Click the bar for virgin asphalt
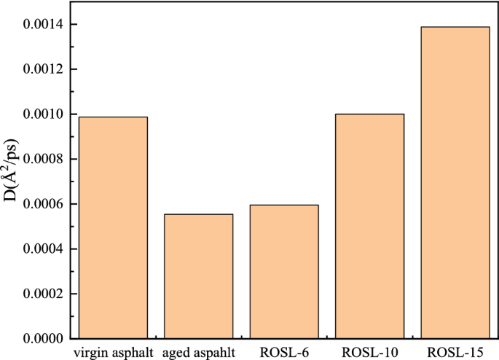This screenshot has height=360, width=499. [113, 227]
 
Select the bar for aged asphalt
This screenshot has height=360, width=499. [198, 276]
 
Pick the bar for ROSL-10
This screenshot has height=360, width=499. [369, 226]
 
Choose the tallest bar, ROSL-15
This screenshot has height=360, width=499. [455, 182]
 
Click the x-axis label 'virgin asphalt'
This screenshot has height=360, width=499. [113, 353]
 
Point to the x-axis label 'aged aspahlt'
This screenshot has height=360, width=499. [198, 353]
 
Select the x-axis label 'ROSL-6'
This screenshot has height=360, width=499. [284, 353]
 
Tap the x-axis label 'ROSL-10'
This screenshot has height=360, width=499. [369, 353]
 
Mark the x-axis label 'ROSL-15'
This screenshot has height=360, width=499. [455, 353]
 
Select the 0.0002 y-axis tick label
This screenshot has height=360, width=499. [45, 294]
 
